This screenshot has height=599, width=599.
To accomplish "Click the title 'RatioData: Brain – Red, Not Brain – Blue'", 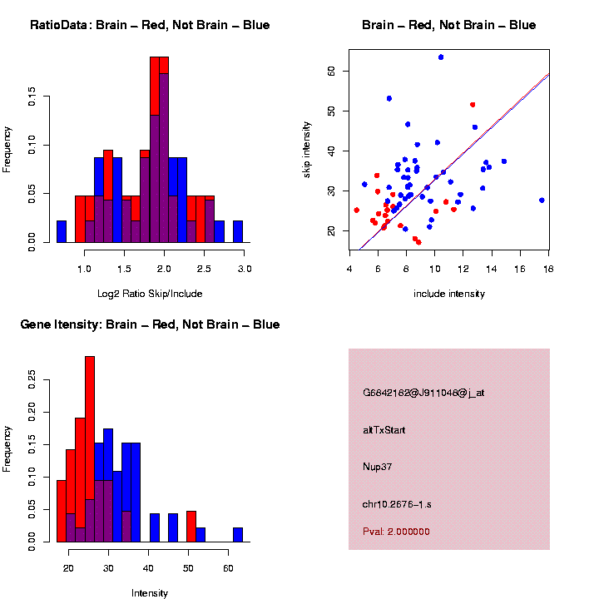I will click(150, 26).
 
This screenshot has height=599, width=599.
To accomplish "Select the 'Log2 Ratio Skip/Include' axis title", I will click(150, 294).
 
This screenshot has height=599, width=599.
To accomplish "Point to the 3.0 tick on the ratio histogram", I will click(245, 270).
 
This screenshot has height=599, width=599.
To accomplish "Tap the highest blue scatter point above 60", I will click(441, 57).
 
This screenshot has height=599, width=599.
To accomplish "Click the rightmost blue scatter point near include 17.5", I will click(542, 200).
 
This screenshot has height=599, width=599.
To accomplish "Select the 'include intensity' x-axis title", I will click(449, 294).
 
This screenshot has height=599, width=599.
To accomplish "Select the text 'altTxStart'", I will click(384, 430).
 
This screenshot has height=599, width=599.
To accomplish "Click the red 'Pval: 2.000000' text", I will click(396, 532).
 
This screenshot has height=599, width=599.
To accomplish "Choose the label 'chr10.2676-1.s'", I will click(397, 504).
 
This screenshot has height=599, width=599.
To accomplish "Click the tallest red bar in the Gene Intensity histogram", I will click(90, 449).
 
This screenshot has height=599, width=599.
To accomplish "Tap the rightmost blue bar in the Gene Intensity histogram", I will click(238, 534).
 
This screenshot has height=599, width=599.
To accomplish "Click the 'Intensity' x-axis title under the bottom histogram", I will click(150, 593).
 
